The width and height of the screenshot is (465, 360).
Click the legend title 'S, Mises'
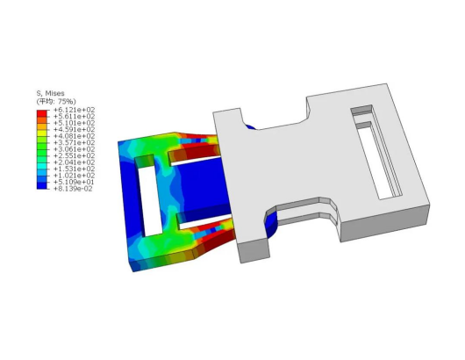50,93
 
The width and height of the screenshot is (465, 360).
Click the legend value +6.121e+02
75,110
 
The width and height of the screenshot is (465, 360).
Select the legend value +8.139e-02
73,189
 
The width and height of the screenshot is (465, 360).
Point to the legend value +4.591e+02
75,130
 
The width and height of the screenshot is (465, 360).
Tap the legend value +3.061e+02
75,149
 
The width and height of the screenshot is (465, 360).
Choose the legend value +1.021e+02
75,176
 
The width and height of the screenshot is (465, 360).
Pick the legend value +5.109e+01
74,182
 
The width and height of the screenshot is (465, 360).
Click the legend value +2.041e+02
75,162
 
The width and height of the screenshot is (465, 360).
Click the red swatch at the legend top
42,113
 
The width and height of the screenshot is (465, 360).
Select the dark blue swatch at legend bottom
42,185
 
